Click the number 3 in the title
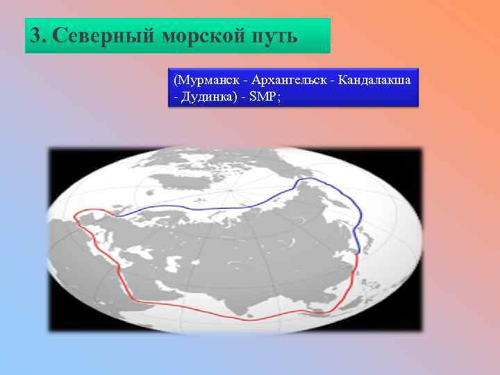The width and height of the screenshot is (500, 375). (x=35, y=35)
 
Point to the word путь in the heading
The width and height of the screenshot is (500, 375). (x=274, y=35)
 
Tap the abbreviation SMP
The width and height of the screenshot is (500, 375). (x=266, y=97)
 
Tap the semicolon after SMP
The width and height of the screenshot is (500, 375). (x=280, y=97)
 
